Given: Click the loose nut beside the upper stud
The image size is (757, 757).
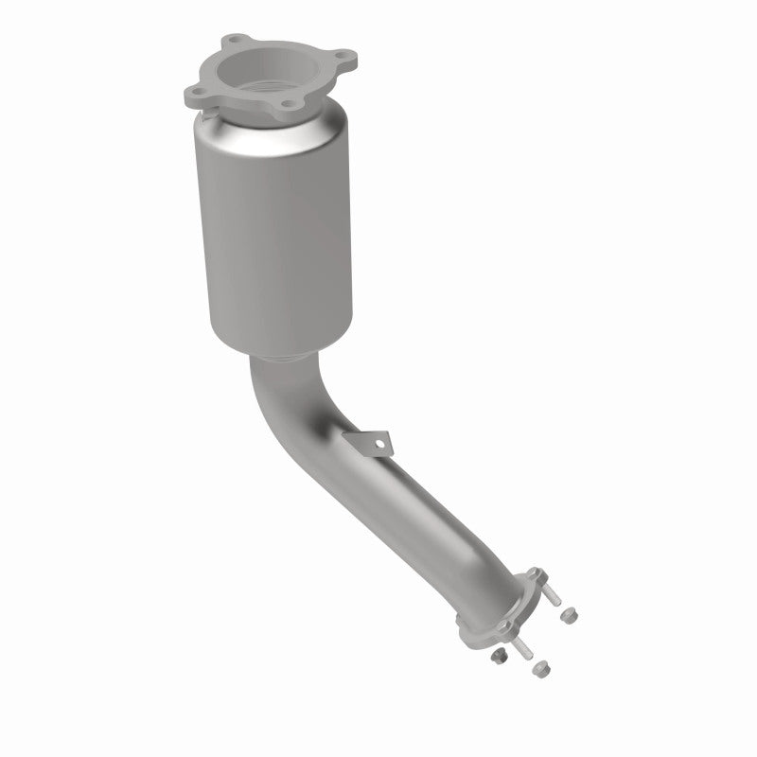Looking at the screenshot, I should coord(569,616).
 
